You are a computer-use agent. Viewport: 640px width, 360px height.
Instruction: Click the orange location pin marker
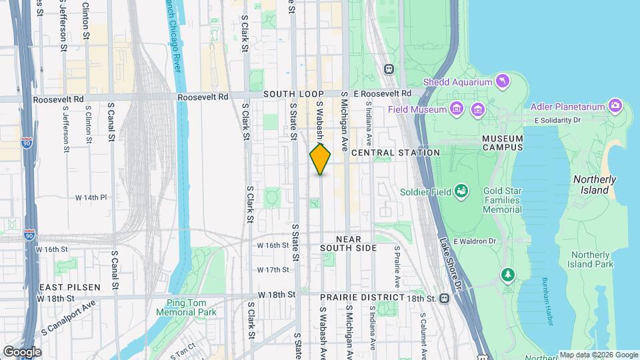point(320,159)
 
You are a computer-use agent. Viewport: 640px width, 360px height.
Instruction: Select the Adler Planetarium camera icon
point(615,106)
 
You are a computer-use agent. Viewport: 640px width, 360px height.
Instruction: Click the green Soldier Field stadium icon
point(461,192)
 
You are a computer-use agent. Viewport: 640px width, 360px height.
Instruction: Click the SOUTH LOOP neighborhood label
point(293,95)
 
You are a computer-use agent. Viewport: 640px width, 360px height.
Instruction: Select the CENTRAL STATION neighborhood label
point(395,153)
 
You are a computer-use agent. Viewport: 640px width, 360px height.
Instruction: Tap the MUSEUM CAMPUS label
point(503,143)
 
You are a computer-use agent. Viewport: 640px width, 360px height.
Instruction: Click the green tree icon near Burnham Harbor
point(508,275)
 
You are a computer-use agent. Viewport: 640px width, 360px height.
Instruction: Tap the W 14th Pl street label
point(91,198)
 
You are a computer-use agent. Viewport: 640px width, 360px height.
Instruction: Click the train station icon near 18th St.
point(443,299)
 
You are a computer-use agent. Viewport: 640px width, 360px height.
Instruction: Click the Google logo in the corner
point(22,351)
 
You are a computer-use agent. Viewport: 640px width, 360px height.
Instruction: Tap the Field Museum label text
point(418,109)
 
